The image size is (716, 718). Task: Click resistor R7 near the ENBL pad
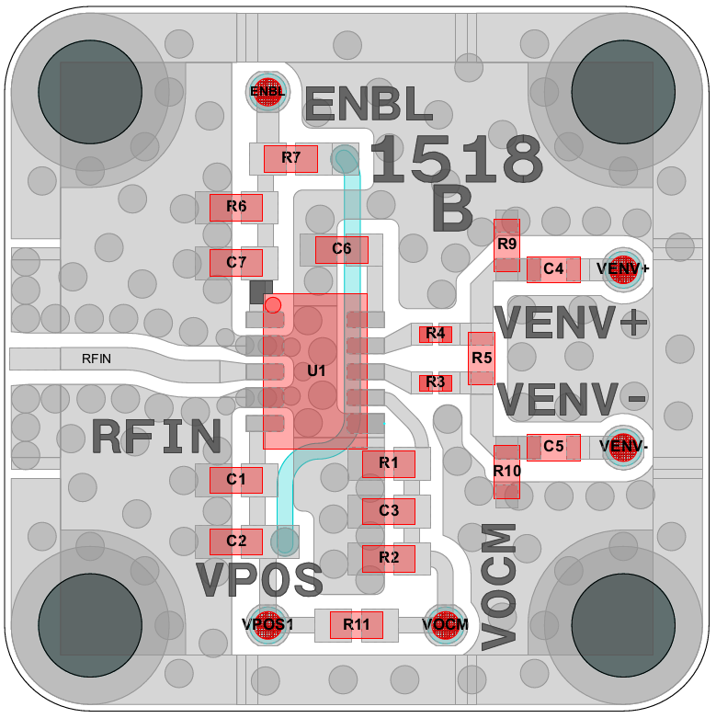click(x=290, y=158)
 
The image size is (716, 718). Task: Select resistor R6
click(x=236, y=207)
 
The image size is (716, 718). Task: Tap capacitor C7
click(x=236, y=263)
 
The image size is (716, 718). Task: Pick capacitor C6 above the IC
click(x=342, y=249)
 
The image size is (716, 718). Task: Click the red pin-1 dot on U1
click(x=272, y=303)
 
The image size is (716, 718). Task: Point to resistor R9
click(x=506, y=245)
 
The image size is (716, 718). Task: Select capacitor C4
click(x=553, y=269)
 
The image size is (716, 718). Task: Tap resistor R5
click(x=482, y=358)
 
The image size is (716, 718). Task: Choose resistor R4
click(x=436, y=334)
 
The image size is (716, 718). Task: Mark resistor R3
click(x=436, y=382)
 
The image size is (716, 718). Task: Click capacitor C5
click(x=553, y=446)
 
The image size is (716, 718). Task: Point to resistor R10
click(x=506, y=471)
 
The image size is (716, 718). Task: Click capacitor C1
click(x=236, y=479)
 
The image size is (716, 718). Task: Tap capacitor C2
click(x=236, y=541)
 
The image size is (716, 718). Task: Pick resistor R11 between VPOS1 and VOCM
click(x=357, y=624)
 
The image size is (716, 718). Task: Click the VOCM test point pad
click(x=446, y=624)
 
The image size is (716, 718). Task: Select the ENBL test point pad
click(x=267, y=91)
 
